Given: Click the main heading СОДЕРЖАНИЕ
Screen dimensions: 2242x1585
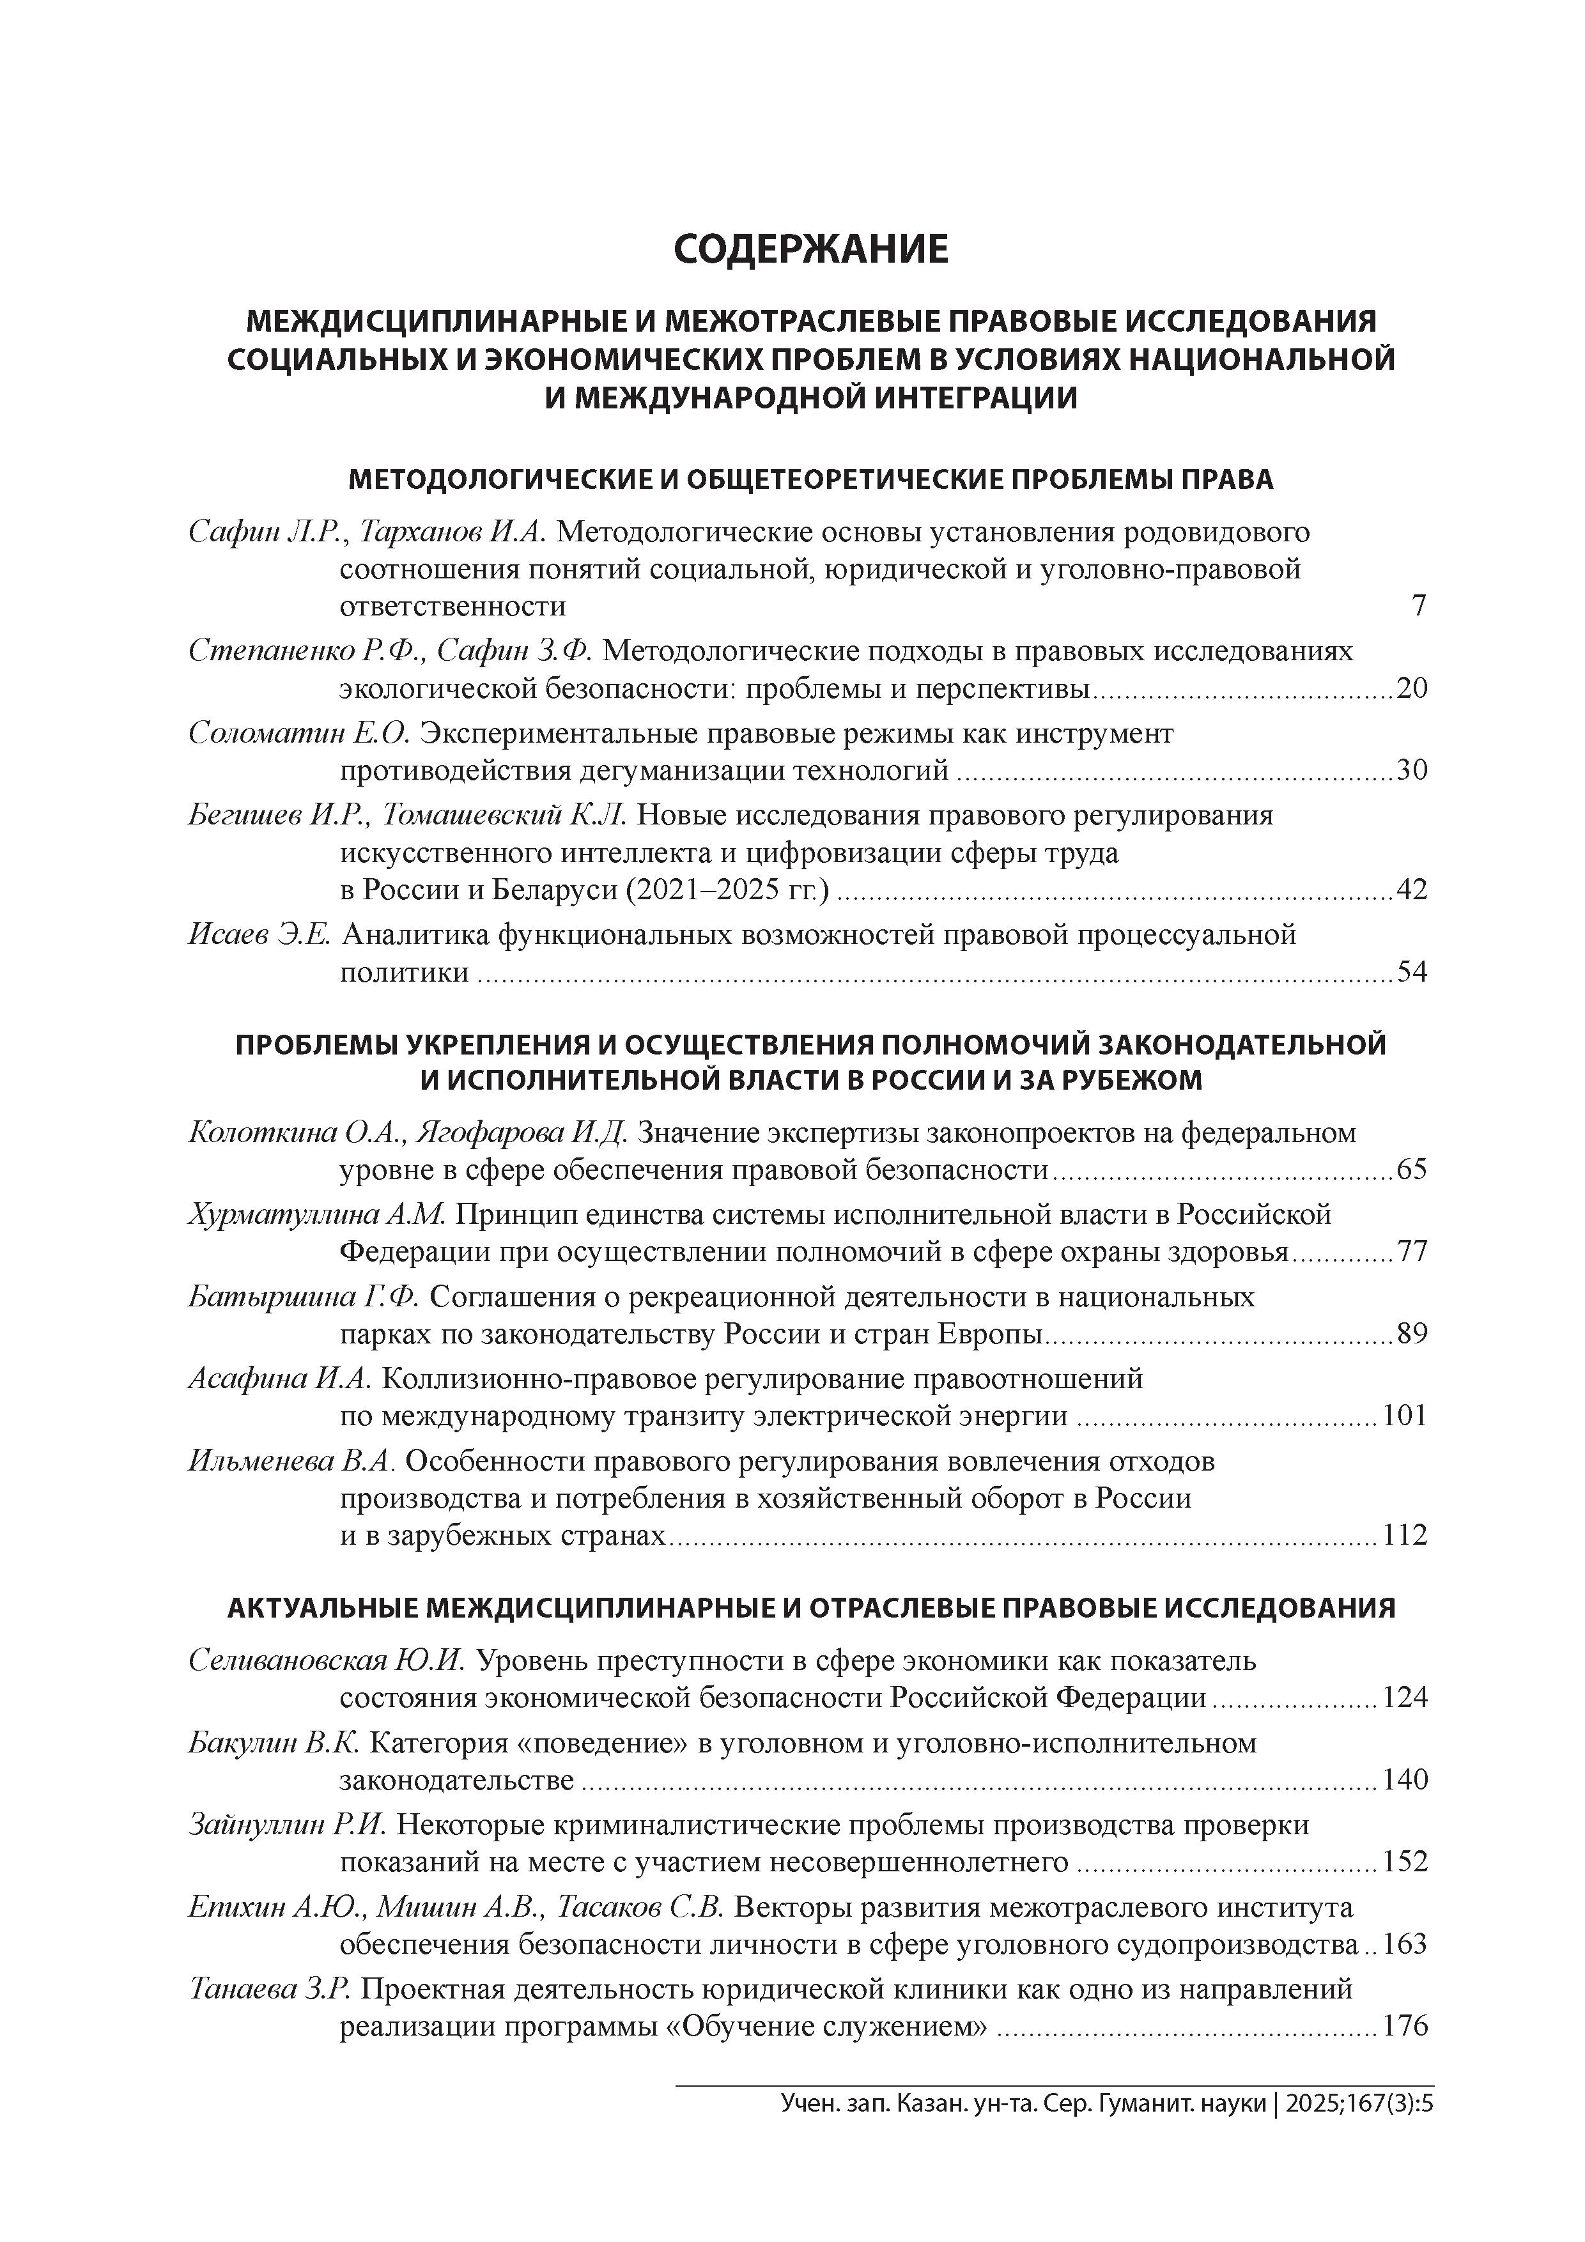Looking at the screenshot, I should [810, 250].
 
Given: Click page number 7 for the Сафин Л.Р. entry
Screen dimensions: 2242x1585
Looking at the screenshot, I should [1419, 605].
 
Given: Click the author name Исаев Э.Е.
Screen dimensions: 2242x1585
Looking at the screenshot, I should [259, 934].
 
